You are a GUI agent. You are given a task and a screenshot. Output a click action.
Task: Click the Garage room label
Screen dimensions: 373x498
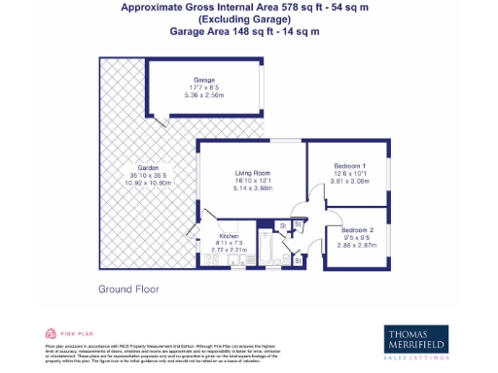[203, 81]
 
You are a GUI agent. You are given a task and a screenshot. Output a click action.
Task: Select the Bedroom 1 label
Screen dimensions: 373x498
[348, 164]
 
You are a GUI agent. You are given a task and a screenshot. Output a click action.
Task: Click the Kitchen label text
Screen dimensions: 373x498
[229, 235]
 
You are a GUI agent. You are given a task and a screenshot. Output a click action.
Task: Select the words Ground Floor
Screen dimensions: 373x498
[127, 288]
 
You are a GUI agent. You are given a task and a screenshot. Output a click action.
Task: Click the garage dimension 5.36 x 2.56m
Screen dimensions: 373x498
[203, 96]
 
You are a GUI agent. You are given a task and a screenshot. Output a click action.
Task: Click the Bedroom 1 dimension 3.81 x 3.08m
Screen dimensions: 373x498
[348, 181]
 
